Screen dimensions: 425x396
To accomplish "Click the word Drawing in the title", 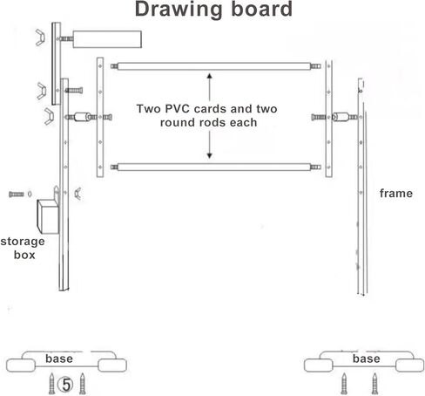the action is tap(179, 10).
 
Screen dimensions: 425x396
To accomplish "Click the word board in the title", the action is tap(261, 9).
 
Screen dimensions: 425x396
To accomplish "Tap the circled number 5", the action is tap(66, 385).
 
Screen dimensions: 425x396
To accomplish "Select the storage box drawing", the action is tap(48, 216).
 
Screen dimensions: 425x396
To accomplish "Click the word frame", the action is tap(396, 194).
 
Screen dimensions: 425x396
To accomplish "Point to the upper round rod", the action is tap(216, 66).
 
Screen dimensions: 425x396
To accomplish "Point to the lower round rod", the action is tap(216, 167).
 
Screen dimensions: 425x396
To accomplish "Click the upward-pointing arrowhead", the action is tap(209, 76).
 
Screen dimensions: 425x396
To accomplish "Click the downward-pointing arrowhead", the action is tap(209, 156).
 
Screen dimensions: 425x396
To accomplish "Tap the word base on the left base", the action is tap(59, 358).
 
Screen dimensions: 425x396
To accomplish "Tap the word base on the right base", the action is tap(367, 358).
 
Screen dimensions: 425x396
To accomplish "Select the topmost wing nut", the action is tap(40, 38).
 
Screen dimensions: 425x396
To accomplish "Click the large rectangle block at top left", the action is tap(107, 39).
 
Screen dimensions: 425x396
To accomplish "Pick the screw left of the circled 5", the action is tap(51, 383).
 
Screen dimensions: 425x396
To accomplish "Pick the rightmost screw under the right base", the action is tap(374, 384).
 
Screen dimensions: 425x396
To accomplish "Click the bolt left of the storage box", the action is tap(17, 195).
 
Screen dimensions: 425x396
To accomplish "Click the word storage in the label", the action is tap(23, 242).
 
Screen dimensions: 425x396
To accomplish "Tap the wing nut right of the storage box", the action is tap(78, 194).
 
